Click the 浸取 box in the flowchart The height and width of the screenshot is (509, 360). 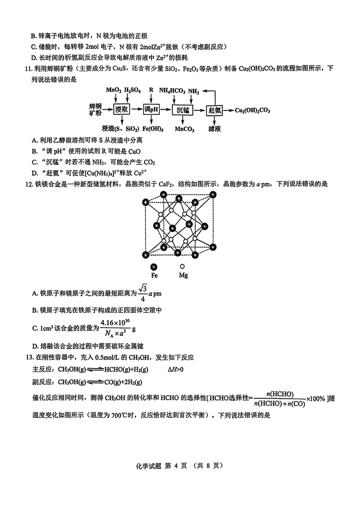[x=122, y=110]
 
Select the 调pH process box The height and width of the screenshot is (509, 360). [x=152, y=110]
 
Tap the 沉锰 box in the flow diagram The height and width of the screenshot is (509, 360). [x=183, y=110]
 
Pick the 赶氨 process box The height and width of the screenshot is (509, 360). [x=214, y=110]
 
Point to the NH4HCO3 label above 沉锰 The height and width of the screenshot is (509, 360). [x=172, y=90]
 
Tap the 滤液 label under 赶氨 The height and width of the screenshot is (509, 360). [x=214, y=129]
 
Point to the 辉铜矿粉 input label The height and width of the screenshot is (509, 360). [x=95, y=110]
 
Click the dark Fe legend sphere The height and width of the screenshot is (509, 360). [x=154, y=266]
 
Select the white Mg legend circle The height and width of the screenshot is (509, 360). [x=183, y=266]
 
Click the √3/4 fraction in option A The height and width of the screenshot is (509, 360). [x=143, y=293]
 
